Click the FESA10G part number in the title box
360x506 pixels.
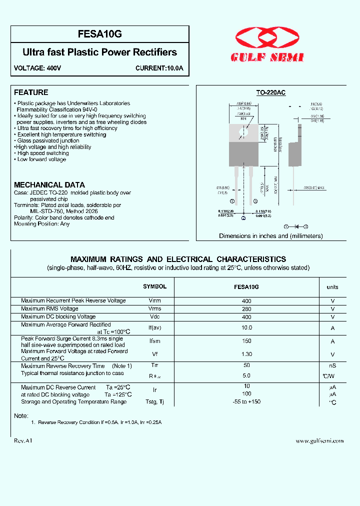(x=99, y=34)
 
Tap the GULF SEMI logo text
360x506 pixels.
(x=267, y=58)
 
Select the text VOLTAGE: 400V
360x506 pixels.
(x=37, y=68)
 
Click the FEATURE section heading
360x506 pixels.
(x=31, y=92)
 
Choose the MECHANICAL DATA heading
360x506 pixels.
(x=49, y=185)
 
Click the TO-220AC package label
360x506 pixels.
(x=270, y=93)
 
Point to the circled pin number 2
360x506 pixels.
(x=243, y=218)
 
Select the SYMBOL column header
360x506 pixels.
(x=154, y=287)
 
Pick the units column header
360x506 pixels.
(x=332, y=287)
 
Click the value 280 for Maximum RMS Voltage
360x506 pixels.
(x=246, y=309)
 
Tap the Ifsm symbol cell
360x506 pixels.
(x=154, y=341)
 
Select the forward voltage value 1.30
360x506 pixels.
(x=246, y=354)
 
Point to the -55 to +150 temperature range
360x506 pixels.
(x=246, y=402)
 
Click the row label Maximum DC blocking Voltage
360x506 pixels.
(x=58, y=317)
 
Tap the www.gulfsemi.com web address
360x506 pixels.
(x=319, y=441)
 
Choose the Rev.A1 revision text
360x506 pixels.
(x=23, y=441)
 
